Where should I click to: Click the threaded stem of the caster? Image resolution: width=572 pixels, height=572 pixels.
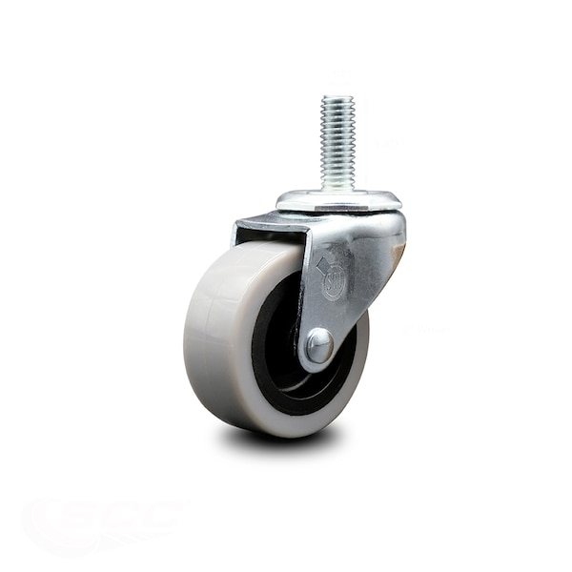click(337, 143)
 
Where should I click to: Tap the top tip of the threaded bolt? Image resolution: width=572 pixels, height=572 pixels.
click(337, 97)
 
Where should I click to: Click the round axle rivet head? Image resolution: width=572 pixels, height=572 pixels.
click(318, 346)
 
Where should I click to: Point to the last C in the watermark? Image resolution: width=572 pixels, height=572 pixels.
click(162, 514)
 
